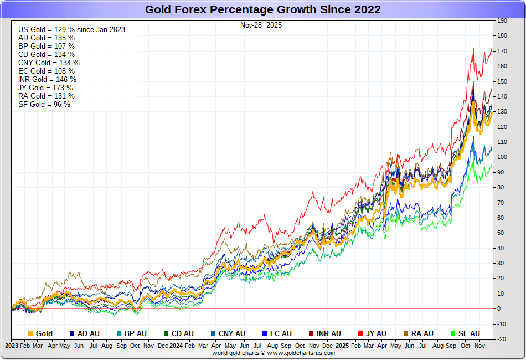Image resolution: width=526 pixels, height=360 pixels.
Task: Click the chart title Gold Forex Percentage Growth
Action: tap(262, 9)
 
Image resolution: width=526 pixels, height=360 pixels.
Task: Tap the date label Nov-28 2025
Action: tap(261, 25)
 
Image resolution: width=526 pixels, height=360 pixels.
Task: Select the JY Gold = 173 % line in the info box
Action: tap(45, 88)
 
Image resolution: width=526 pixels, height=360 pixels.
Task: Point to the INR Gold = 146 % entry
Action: tap(47, 79)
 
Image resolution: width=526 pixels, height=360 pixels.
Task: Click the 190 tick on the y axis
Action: tap(502, 20)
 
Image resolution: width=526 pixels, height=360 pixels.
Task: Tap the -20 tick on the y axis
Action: tap(502, 339)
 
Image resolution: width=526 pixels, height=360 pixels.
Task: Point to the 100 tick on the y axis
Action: tap(502, 157)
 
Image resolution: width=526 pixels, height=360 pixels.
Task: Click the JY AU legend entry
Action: tap(377, 333)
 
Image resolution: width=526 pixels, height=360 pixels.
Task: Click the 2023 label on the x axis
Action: tap(12, 345)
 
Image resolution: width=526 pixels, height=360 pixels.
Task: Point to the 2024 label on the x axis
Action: tap(176, 345)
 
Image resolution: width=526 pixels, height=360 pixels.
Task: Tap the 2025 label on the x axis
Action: tap(342, 345)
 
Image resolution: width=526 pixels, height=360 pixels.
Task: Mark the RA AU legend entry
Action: tap(422, 333)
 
